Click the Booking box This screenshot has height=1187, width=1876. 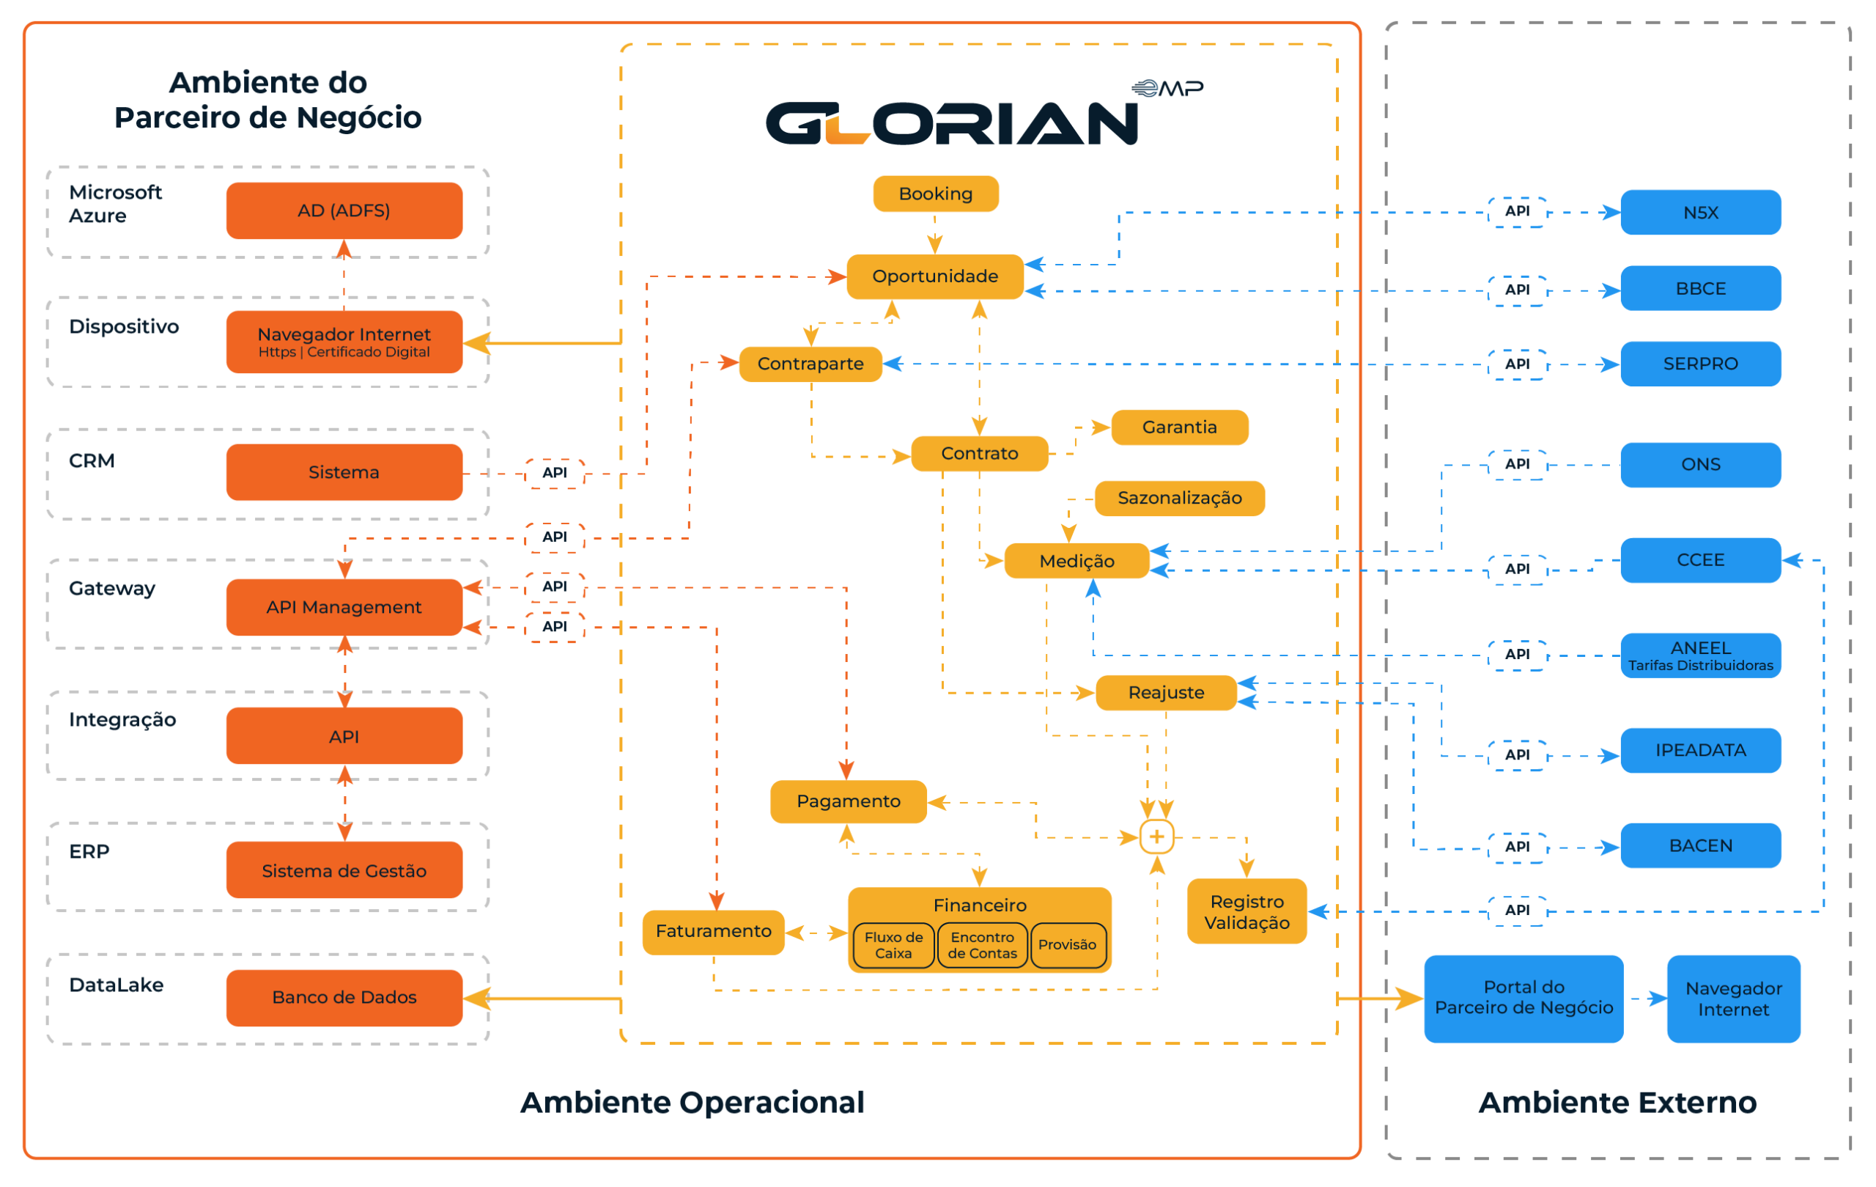[935, 194]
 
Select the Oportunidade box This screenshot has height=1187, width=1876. [934, 276]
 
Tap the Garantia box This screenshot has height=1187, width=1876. [1179, 427]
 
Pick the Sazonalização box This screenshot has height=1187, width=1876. [1179, 498]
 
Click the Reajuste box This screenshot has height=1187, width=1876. [1165, 692]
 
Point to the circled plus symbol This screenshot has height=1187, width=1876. [1156, 837]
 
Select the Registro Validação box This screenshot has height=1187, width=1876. [1246, 911]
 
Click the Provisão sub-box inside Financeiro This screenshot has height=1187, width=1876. [1066, 944]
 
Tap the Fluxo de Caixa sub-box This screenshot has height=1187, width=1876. [893, 944]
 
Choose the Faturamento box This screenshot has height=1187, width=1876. [713, 930]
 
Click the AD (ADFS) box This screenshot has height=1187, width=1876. [344, 210]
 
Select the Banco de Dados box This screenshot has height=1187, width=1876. [344, 997]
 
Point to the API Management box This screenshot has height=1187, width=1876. [344, 606]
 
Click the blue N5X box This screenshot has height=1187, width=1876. [1700, 212]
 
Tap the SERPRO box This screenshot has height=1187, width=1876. [1700, 363]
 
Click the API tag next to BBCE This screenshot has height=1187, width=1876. [1516, 290]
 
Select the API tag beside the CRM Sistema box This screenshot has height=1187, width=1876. [554, 472]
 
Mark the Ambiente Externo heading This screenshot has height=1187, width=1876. [1617, 1102]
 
